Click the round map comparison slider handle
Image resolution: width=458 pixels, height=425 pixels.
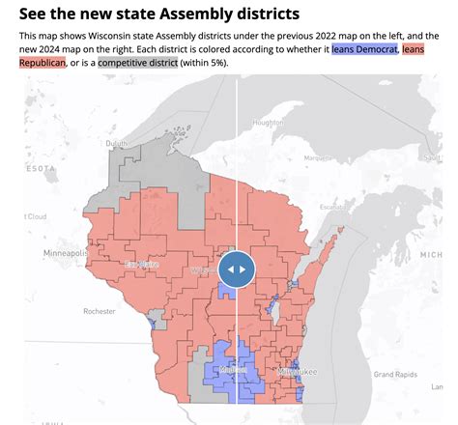point(237,269)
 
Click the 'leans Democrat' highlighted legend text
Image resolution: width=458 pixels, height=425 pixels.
point(364,47)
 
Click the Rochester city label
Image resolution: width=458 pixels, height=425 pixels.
point(99,311)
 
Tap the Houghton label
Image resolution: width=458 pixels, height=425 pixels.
point(268,123)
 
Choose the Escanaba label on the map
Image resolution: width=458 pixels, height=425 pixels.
point(331,207)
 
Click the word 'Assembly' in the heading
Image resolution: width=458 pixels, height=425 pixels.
point(189,15)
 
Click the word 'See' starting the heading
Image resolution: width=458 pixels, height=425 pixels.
point(35,15)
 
